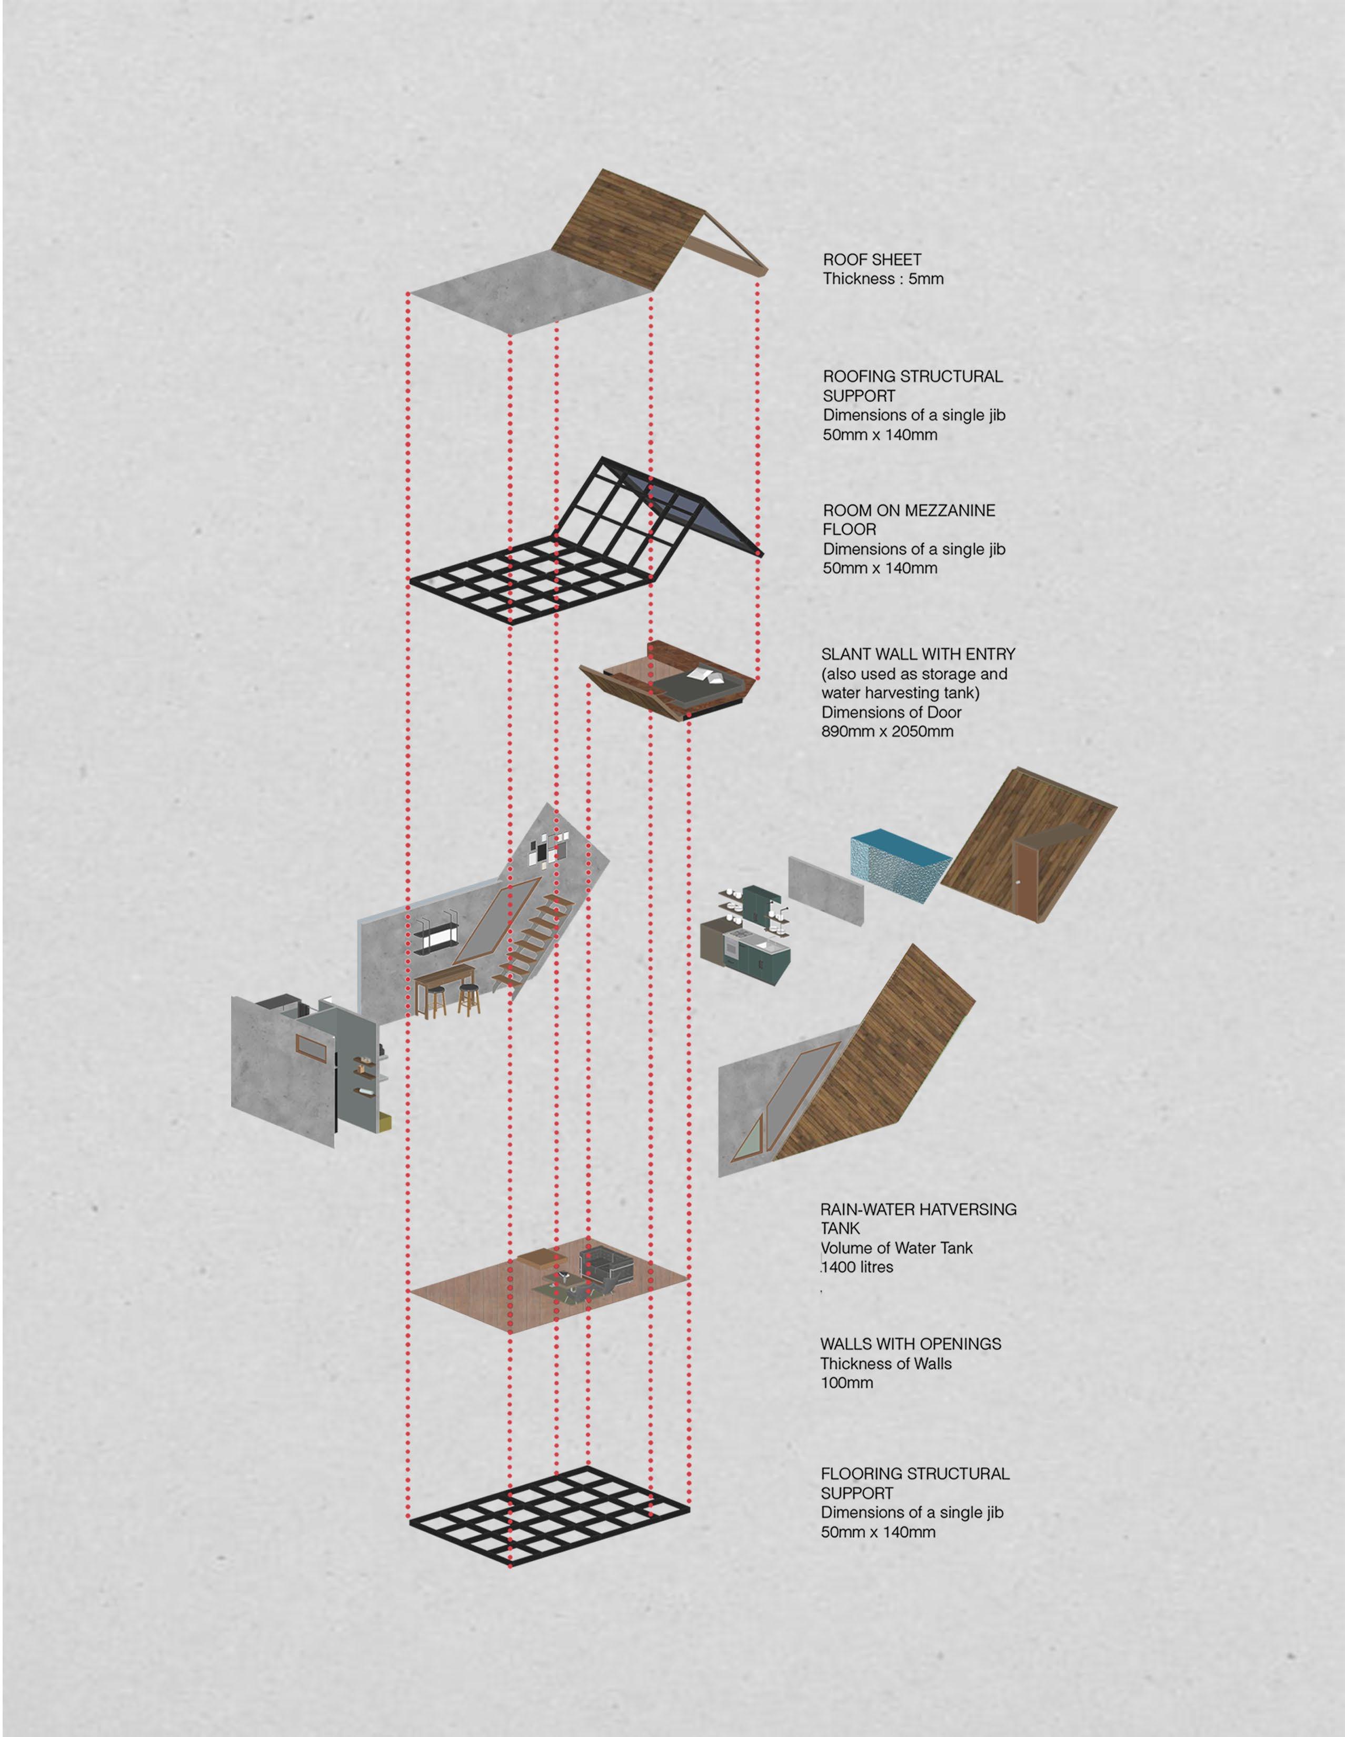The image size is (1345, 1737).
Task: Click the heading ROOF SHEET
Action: click(872, 259)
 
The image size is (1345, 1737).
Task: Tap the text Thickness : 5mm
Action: click(883, 278)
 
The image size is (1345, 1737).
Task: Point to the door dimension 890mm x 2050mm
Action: click(887, 731)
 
